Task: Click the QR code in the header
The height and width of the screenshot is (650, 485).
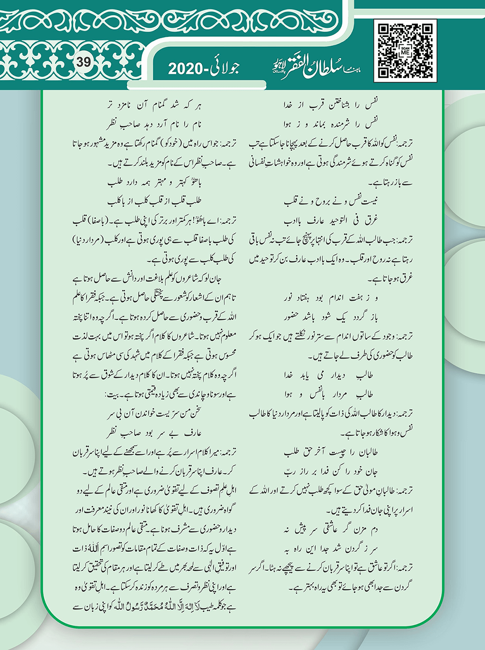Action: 405,51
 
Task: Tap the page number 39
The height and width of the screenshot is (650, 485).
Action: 84,62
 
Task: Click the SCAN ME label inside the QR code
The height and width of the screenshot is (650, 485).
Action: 405,51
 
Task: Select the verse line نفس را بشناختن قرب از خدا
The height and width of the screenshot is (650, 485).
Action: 330,104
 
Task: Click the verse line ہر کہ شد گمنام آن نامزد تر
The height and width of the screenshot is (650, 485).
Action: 154,104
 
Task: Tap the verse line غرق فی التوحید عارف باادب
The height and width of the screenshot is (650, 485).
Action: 330,220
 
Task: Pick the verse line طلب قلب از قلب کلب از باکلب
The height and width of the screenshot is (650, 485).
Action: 154,201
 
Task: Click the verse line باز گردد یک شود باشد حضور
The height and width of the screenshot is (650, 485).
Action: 330,317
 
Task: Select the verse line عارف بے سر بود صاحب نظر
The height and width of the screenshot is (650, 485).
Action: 154,433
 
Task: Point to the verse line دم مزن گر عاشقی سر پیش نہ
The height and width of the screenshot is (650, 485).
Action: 330,530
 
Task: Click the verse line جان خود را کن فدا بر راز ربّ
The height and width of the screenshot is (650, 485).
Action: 330,471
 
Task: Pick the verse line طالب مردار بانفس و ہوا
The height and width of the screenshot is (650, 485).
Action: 330,394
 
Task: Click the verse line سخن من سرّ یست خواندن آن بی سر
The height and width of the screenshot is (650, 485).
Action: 154,414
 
